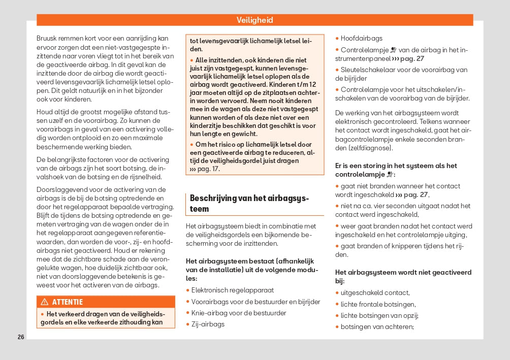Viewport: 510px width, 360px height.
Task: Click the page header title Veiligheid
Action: click(x=254, y=20)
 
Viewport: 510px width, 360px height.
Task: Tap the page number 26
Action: click(x=20, y=337)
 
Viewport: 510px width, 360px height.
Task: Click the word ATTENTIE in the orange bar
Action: click(x=67, y=302)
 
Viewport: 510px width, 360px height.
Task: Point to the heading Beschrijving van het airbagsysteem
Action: click(x=249, y=203)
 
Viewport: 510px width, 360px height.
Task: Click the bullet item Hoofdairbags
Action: click(x=361, y=38)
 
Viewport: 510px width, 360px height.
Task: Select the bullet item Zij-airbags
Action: click(x=208, y=324)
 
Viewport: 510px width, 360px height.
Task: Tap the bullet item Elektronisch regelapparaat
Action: click(x=232, y=290)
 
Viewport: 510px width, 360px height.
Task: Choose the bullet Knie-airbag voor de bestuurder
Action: click(x=239, y=313)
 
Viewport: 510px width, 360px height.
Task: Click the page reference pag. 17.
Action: click(x=208, y=169)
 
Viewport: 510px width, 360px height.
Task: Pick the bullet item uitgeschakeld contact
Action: click(x=375, y=292)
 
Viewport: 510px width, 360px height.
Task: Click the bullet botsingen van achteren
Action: click(x=377, y=326)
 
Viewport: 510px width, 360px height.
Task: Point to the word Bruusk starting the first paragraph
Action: click(x=46, y=38)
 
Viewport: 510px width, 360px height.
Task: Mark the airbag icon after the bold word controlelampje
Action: click(x=390, y=174)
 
